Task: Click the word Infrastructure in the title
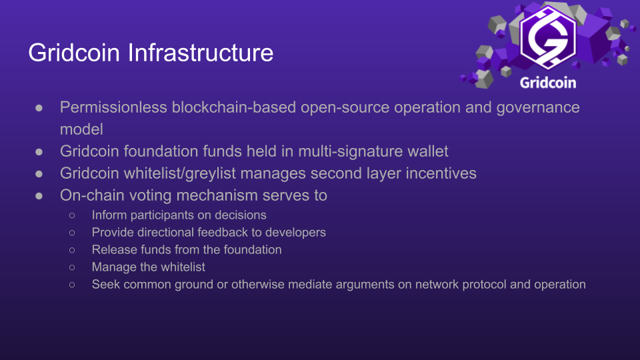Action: click(x=201, y=53)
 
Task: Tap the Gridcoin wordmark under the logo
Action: click(x=548, y=83)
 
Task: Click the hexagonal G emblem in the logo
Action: click(x=548, y=37)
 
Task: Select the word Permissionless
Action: click(x=113, y=107)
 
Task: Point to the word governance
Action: click(x=538, y=108)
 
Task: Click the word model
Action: click(x=81, y=129)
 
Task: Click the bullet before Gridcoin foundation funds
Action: click(x=39, y=152)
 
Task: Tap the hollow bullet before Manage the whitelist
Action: click(x=72, y=267)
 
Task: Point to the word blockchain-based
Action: click(x=234, y=107)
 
